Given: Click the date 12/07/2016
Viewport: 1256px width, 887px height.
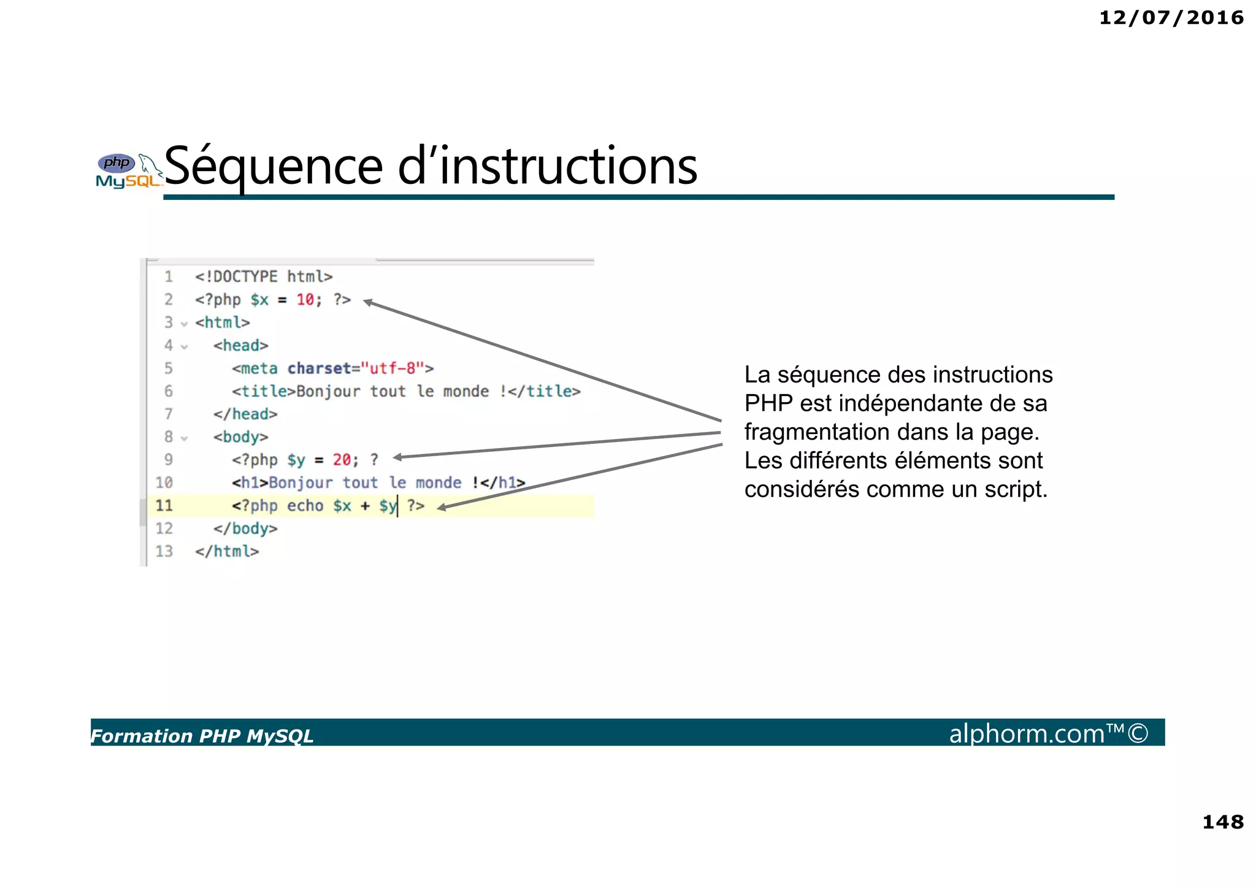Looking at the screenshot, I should click(x=1171, y=18).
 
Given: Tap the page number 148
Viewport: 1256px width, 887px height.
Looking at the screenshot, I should click(x=1222, y=822).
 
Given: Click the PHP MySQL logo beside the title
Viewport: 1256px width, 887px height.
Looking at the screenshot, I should click(x=128, y=171).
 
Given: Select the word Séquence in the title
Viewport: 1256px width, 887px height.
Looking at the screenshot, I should click(x=274, y=167).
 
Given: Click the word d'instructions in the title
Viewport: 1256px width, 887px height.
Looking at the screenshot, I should click(x=547, y=167).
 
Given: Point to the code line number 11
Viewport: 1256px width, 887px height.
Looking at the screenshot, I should click(x=164, y=506).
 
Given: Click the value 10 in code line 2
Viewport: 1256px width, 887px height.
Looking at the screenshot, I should click(x=305, y=300).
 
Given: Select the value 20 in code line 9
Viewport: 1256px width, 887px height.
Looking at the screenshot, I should click(x=342, y=460).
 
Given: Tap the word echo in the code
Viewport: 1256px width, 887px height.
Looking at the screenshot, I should click(x=305, y=506).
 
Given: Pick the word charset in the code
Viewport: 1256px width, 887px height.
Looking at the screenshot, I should click(x=319, y=368).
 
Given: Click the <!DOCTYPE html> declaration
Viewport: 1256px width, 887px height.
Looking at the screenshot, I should click(x=264, y=277).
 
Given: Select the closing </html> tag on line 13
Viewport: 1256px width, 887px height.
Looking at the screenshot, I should click(x=227, y=552).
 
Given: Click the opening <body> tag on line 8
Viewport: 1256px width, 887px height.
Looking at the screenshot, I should click(x=240, y=437).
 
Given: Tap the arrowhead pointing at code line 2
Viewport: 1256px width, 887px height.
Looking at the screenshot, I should click(x=368, y=302).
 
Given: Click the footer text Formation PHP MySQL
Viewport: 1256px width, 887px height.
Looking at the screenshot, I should click(x=202, y=736).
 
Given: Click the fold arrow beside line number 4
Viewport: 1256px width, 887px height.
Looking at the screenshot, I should click(x=184, y=347).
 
